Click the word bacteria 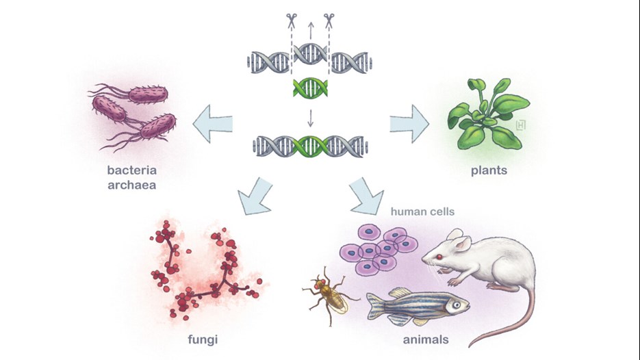[x=132, y=170]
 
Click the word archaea [x=132, y=185]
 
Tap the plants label [x=489, y=170]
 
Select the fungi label [x=203, y=339]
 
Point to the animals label [x=426, y=339]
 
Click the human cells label [x=422, y=212]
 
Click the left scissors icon [x=292, y=21]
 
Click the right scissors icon [x=329, y=21]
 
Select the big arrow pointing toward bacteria [x=213, y=124]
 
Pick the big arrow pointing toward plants [x=409, y=124]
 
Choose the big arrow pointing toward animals [x=366, y=196]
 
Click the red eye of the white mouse [x=439, y=257]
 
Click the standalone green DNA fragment [x=310, y=88]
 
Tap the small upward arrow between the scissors [x=311, y=31]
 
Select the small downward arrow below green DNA [x=310, y=118]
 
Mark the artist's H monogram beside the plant [x=521, y=125]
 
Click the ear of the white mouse [x=463, y=244]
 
